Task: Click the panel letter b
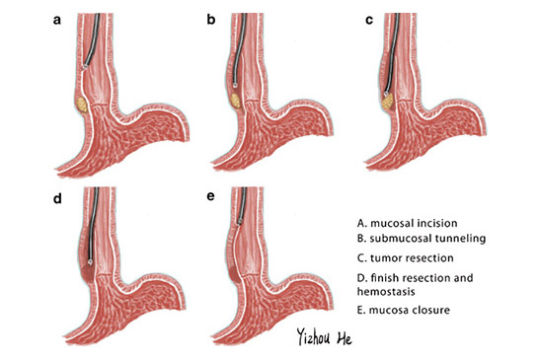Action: click(210, 19)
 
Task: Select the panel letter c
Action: click(368, 19)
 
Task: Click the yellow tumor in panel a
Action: click(81, 100)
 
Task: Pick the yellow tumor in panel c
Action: click(390, 100)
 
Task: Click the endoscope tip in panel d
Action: click(91, 261)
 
